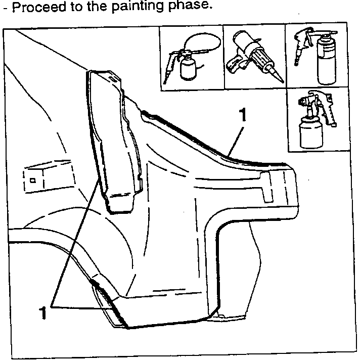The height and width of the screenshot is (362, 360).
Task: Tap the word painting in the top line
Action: [x=138, y=6]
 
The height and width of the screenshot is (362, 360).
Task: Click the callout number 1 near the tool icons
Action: [x=242, y=115]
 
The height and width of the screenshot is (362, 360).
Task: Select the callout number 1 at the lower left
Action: [x=42, y=312]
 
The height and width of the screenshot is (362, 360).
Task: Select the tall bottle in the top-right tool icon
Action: [x=327, y=60]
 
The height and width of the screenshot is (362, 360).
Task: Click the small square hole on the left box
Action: [x=33, y=180]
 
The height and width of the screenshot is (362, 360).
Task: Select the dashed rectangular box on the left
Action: [x=48, y=176]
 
